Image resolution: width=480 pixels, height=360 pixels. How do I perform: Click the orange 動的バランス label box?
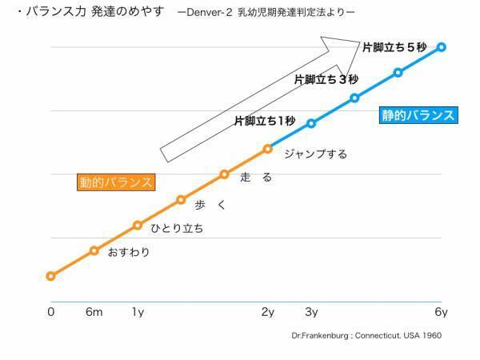click(116, 182)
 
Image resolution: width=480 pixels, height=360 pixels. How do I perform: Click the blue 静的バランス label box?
click(418, 114)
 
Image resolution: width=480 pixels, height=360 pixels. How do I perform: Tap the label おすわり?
click(129, 253)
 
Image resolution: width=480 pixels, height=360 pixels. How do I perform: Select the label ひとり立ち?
click(177, 228)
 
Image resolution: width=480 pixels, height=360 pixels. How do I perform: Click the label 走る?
click(256, 178)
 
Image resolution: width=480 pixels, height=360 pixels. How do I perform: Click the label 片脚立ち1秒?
click(264, 121)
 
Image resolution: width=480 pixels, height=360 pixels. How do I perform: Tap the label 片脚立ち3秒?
click(326, 79)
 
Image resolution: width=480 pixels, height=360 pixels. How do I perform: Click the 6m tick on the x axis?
click(94, 312)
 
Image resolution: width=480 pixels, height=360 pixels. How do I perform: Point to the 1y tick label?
click(138, 312)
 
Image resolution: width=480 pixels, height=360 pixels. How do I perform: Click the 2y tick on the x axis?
click(268, 312)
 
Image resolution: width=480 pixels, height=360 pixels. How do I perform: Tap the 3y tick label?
click(311, 312)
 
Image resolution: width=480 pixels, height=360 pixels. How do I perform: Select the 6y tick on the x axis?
click(441, 312)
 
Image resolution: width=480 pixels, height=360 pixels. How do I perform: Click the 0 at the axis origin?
click(50, 312)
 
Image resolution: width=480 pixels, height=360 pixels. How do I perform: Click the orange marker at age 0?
click(50, 276)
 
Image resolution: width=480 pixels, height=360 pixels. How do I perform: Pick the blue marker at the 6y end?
click(441, 47)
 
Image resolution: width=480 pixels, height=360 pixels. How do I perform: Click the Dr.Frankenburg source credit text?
click(366, 336)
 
